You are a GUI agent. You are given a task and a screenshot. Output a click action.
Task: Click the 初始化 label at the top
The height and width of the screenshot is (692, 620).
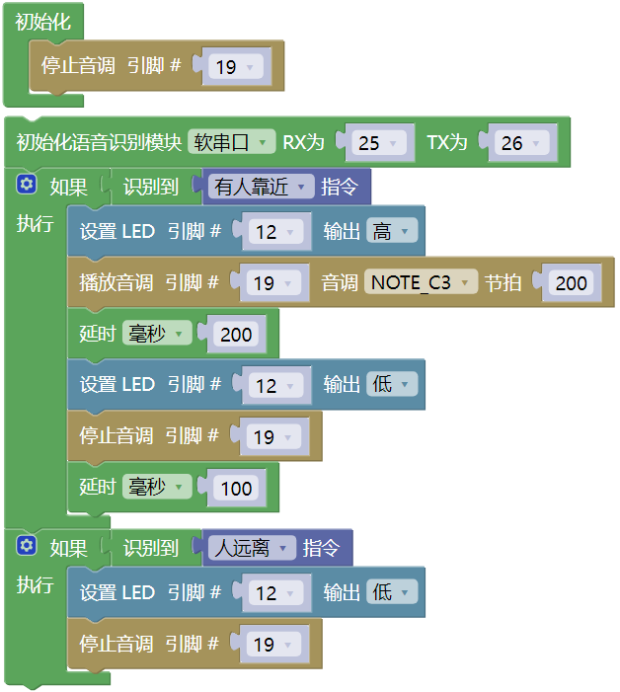[42, 22]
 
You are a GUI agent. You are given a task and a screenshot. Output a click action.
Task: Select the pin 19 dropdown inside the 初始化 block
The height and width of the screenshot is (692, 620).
[236, 67]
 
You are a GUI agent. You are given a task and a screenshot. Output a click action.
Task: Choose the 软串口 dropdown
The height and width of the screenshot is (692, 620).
[232, 142]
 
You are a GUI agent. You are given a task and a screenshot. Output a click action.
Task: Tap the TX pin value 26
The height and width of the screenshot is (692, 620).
[521, 143]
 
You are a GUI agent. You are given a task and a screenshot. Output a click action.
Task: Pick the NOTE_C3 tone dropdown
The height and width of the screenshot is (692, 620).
[421, 282]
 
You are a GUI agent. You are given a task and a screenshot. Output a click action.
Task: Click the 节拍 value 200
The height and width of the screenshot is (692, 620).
[571, 283]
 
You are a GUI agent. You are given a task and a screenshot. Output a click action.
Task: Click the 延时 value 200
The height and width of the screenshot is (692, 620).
[236, 334]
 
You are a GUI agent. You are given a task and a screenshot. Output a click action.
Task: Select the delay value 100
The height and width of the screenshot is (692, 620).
[236, 488]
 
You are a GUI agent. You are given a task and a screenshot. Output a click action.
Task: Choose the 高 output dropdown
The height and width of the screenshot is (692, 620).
[392, 231]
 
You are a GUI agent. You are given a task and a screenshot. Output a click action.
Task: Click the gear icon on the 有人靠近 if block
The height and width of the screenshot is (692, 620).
[27, 184]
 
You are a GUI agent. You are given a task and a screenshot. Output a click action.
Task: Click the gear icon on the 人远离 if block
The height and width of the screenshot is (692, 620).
[27, 546]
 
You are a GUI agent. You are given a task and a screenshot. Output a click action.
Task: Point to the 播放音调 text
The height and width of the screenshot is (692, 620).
[116, 282]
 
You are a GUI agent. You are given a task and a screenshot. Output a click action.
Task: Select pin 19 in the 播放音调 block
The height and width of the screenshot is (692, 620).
[273, 283]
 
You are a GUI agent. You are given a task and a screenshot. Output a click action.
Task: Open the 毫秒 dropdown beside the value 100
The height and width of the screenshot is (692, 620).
[157, 487]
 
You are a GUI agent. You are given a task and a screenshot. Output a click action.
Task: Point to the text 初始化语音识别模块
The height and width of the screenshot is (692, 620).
[99, 142]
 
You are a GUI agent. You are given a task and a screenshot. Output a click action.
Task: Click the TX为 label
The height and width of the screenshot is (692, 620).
[446, 142]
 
